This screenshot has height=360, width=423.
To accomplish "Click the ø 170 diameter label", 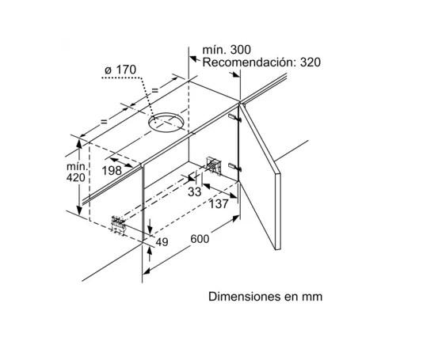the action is coord(120,70).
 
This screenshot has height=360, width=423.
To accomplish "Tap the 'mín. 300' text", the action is coord(227,50).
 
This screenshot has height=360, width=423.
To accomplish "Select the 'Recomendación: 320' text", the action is coord(261,63).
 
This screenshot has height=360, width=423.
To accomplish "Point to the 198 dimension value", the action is coord(112,171).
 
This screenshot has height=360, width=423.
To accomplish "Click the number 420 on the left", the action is coord(76,177).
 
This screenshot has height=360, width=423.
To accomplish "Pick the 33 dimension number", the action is coord(195,191).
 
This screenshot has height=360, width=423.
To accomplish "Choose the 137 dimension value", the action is coord(219,204).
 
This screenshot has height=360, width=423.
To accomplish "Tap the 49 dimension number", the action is coord(162,242).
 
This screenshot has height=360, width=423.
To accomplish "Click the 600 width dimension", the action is coord(200,239).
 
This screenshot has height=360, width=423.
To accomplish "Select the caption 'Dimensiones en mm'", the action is coord(265,297).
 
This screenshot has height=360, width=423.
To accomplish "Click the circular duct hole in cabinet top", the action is coord(166,123).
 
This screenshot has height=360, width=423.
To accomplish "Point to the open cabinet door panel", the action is coord(260,176).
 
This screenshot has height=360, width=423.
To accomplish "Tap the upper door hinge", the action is coord(234,117).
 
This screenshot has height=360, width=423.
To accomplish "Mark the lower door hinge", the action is coord(234,167).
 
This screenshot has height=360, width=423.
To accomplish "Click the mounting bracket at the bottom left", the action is coord(119,225).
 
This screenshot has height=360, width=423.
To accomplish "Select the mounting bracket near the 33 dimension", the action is coord(213,165).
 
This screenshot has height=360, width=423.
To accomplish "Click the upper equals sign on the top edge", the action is coord(154,90).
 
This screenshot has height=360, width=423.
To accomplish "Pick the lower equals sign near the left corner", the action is coord(104,122).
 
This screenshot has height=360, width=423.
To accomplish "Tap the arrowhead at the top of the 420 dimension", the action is coord(79,144).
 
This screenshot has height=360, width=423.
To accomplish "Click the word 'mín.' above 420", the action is coord(77,166).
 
